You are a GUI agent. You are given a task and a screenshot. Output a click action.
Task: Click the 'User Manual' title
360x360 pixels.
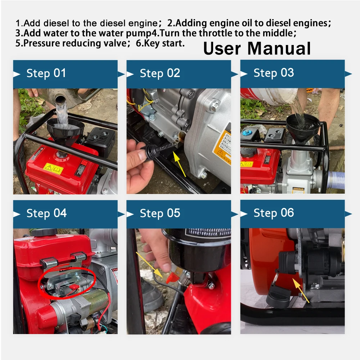pyautogui.click(x=257, y=49)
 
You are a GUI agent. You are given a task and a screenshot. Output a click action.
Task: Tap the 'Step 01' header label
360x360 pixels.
pyautogui.click(x=46, y=73)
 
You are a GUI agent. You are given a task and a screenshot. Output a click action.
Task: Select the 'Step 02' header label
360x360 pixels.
pyautogui.click(x=160, y=73)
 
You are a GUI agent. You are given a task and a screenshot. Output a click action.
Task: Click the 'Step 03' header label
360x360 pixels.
pyautogui.click(x=274, y=73)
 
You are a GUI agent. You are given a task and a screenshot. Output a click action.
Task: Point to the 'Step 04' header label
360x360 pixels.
pyautogui.click(x=46, y=213)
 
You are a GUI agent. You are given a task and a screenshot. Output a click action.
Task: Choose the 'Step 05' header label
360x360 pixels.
pyautogui.click(x=160, y=213)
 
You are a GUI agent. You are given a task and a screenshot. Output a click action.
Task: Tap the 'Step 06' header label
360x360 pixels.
pyautogui.click(x=274, y=213)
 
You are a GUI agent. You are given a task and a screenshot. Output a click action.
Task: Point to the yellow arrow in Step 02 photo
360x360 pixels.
pyautogui.click(x=179, y=164)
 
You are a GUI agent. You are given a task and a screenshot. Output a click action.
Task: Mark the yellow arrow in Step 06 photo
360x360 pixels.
pyautogui.click(x=301, y=290)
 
